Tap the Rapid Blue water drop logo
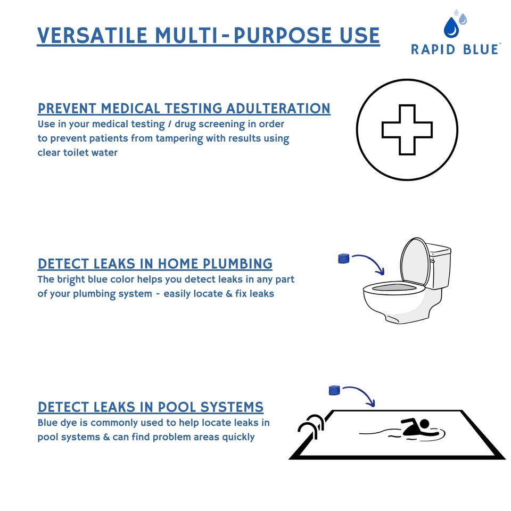(x=453, y=26)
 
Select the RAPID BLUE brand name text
(x=455, y=50)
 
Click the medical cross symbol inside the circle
(x=407, y=129)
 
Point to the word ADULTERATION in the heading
(x=278, y=109)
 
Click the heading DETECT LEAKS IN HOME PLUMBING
(x=155, y=263)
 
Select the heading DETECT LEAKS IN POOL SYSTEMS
(x=151, y=407)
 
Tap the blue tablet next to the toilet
(x=343, y=259)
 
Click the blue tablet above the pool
(x=334, y=390)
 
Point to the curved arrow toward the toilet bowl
(x=370, y=262)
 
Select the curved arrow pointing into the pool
(x=361, y=394)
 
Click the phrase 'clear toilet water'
(x=77, y=153)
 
